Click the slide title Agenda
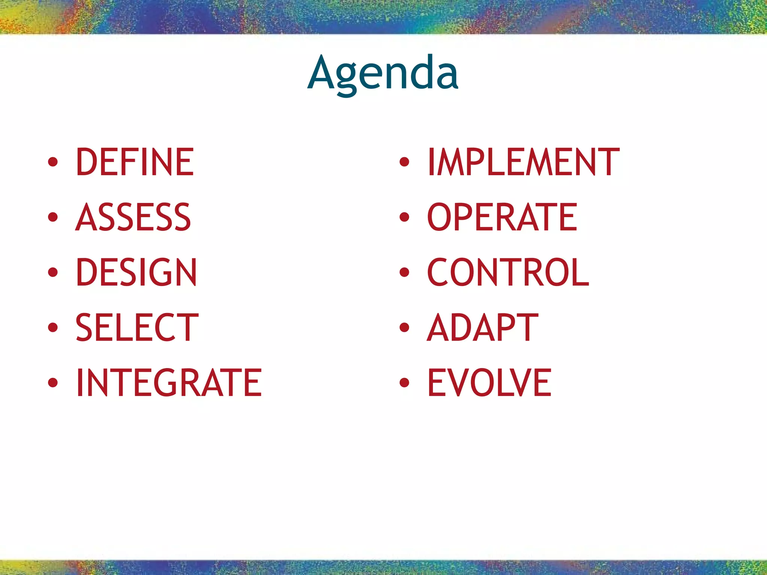click(383, 73)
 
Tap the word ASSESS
click(133, 217)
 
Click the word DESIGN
click(136, 272)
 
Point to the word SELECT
click(137, 328)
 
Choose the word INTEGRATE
click(169, 382)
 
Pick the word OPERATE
click(502, 217)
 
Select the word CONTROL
click(508, 272)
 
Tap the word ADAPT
click(482, 328)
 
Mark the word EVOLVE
click(489, 382)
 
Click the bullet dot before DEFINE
click(53, 162)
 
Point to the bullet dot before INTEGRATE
click(53, 383)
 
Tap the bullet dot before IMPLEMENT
click(404, 162)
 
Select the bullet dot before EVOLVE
click(404, 383)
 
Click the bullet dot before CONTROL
click(404, 273)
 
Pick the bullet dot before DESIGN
click(53, 273)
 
